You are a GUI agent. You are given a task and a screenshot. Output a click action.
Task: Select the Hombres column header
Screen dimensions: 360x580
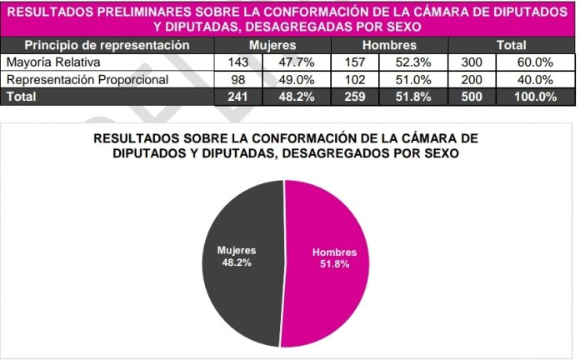click(389, 45)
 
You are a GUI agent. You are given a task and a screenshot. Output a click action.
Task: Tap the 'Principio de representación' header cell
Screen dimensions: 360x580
click(107, 45)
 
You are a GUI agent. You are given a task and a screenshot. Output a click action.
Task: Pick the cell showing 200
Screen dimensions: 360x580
click(471, 79)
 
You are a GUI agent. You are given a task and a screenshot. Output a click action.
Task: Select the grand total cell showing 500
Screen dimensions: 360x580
click(471, 96)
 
